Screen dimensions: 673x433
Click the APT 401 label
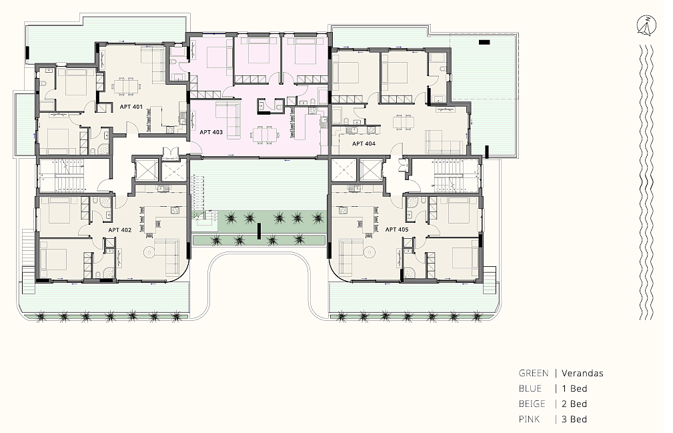[131, 107]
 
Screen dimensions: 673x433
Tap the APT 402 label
[120, 230]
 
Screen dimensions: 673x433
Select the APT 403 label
[211, 132]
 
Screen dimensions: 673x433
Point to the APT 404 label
[364, 143]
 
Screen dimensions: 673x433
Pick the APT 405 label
[397, 230]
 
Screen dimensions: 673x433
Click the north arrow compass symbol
[646, 25]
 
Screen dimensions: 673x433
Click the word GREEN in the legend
[534, 374]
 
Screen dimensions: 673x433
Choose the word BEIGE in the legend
[532, 404]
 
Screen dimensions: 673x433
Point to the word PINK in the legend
[529, 419]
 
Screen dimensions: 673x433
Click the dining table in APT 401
[126, 87]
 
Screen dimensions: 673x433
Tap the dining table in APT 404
[404, 122]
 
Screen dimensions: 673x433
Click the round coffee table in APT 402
[149, 252]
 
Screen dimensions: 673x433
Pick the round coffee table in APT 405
[368, 252]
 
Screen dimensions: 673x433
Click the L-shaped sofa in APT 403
[227, 119]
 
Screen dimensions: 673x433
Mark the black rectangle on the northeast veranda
[484, 42]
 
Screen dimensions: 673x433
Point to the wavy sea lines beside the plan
[646, 182]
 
